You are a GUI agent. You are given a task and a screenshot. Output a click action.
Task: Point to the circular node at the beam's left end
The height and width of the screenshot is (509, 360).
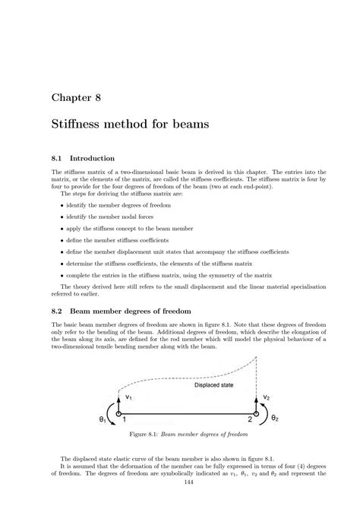click(119, 412)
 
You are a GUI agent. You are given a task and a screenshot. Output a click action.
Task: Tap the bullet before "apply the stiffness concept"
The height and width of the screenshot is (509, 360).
click(62, 229)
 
